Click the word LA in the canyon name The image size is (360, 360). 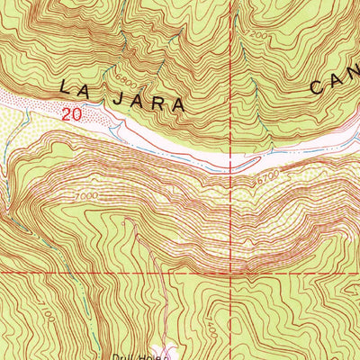pyautogui.click(x=75, y=88)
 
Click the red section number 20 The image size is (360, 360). pyautogui.click(x=74, y=114)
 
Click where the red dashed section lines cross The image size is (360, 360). pyautogui.click(x=241, y=271)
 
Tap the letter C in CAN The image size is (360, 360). pyautogui.click(x=319, y=86)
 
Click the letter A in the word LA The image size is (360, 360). pyautogui.click(x=85, y=88)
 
